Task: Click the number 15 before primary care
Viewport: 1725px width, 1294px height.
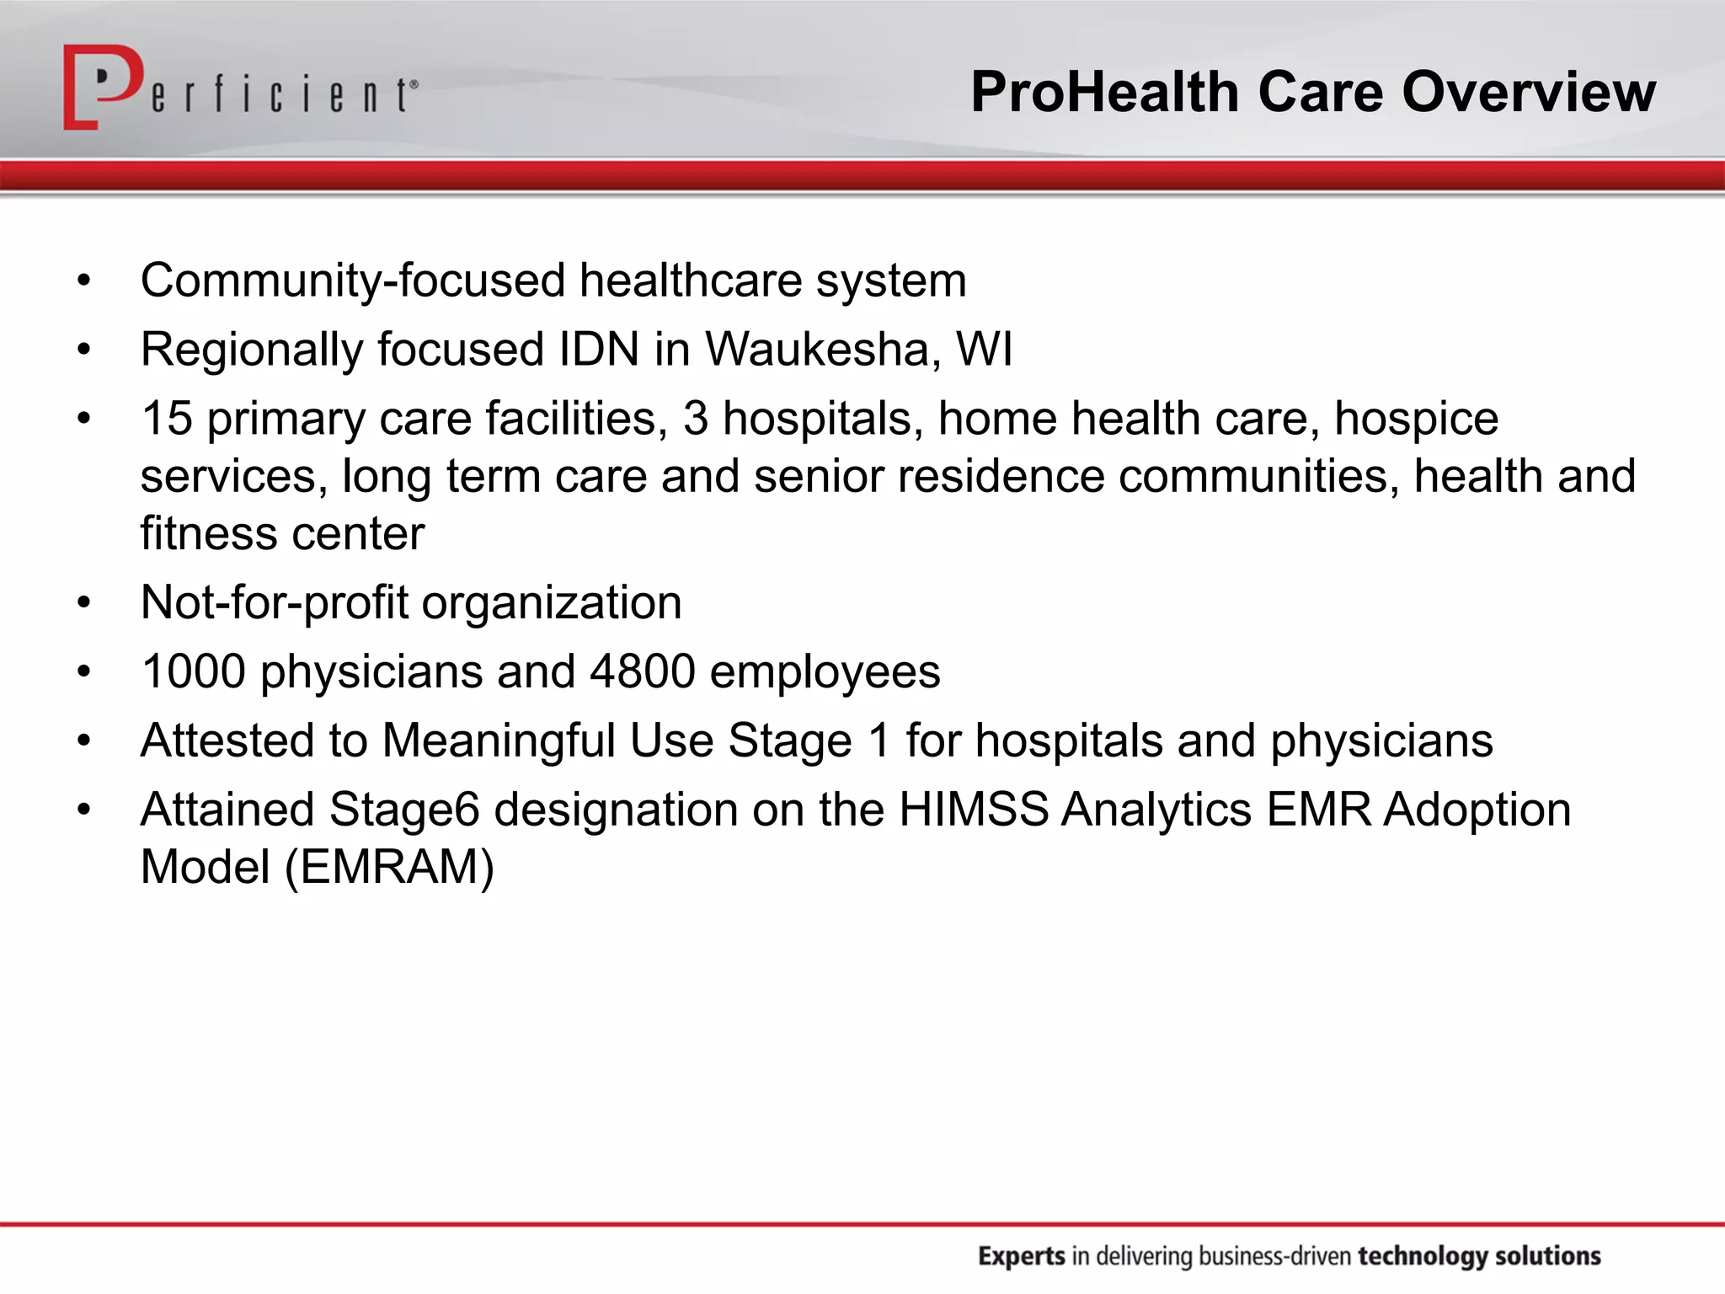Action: (167, 418)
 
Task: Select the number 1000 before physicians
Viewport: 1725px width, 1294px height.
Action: (193, 671)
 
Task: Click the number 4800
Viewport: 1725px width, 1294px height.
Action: (643, 671)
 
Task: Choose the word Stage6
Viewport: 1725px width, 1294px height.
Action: (403, 810)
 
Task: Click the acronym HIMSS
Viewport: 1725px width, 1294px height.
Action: (973, 810)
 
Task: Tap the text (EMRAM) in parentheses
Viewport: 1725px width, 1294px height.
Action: (389, 867)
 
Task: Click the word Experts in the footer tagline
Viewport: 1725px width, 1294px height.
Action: (1021, 1256)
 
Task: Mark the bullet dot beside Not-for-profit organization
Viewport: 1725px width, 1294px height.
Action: (83, 603)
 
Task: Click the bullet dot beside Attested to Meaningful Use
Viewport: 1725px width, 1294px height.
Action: (83, 741)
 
